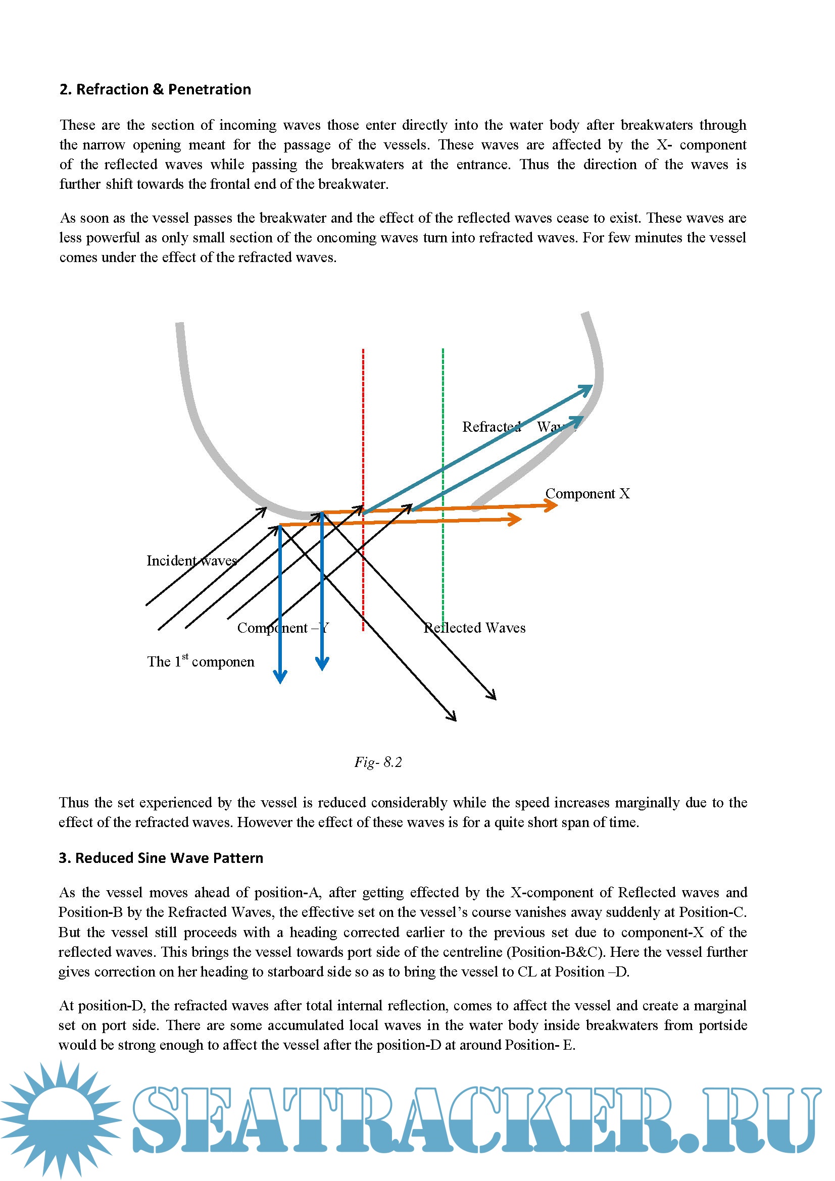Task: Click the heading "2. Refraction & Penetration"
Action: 155,89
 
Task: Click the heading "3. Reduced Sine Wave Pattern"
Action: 161,858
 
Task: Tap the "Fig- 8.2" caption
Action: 378,762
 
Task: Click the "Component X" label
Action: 587,494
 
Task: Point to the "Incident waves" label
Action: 191,560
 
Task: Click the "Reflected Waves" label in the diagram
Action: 474,628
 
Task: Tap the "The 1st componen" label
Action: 201,661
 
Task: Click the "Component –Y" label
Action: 282,628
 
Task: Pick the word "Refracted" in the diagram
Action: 492,427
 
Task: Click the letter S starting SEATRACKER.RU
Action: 160,1120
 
